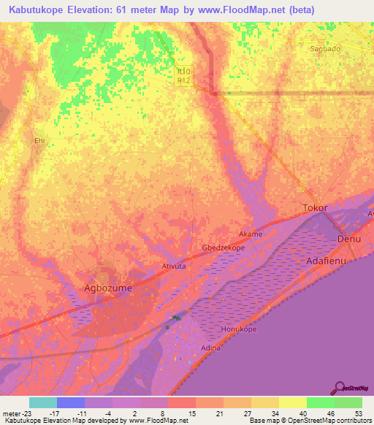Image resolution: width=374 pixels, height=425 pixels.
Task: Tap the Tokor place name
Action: pyautogui.click(x=315, y=208)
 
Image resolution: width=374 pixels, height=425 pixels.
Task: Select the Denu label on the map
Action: pyautogui.click(x=349, y=240)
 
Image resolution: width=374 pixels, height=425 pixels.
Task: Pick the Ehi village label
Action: pyautogui.click(x=39, y=140)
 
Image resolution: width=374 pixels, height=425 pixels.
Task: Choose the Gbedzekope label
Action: pyautogui.click(x=223, y=248)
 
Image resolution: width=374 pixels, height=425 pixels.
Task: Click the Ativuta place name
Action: pyautogui.click(x=173, y=267)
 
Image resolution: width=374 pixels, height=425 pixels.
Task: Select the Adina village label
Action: pyautogui.click(x=210, y=348)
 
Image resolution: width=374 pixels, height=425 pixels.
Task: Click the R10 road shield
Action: pyautogui.click(x=183, y=72)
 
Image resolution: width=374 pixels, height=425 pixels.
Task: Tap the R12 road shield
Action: pyautogui.click(x=183, y=80)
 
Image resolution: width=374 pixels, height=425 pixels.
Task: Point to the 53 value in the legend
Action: pyautogui.click(x=358, y=413)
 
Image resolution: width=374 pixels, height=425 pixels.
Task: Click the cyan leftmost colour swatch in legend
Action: pyautogui.click(x=43, y=402)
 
